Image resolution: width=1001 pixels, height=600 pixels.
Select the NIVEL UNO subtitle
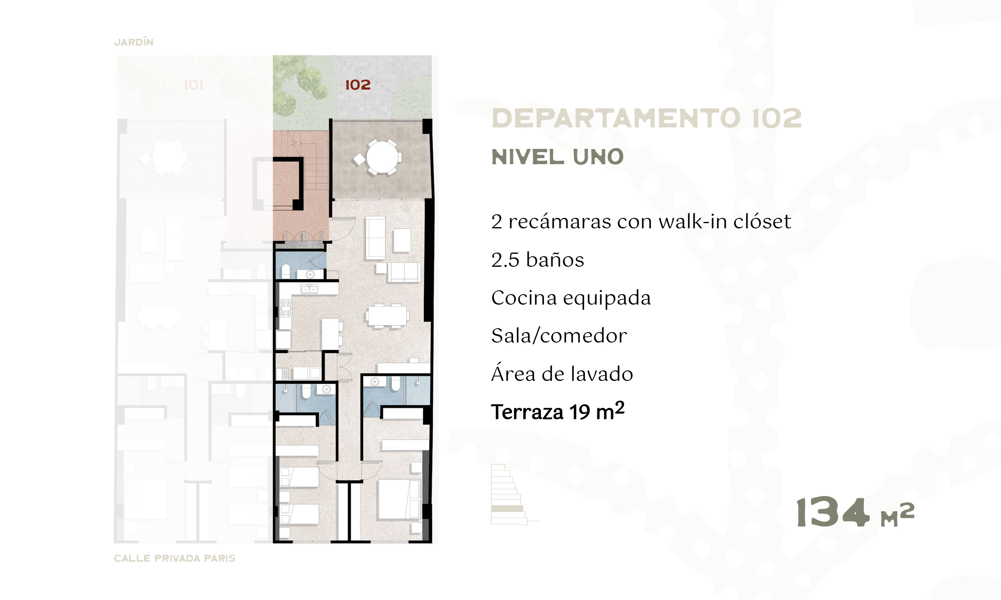click(557, 157)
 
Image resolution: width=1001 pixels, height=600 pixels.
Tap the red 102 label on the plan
click(358, 85)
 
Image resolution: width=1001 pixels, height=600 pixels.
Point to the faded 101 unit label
click(193, 85)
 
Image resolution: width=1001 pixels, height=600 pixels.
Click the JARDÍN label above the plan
click(134, 42)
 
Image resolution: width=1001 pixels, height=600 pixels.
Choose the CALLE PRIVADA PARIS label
click(174, 558)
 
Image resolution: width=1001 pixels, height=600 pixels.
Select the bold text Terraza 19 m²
click(557, 412)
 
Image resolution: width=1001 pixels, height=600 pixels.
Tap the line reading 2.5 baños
click(538, 259)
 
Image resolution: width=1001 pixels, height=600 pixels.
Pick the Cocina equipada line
click(571, 298)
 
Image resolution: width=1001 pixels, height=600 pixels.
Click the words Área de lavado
click(562, 374)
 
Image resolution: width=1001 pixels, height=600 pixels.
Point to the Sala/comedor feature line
click(559, 336)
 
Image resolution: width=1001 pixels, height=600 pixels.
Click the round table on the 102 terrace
click(382, 157)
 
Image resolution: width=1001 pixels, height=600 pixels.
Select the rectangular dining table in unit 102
click(387, 316)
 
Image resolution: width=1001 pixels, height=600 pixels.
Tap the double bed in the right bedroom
click(398, 500)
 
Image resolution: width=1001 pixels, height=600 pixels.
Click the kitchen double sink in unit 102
click(309, 289)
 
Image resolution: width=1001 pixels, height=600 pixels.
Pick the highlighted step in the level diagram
click(507, 508)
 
